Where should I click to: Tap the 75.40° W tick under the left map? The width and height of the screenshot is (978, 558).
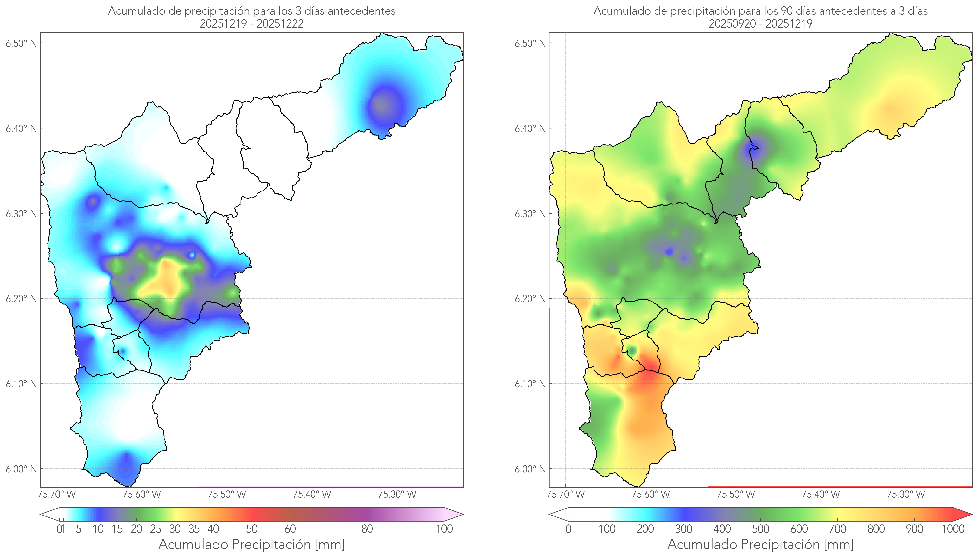pos(312,494)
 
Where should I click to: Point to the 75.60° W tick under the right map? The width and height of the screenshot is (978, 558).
pos(650,494)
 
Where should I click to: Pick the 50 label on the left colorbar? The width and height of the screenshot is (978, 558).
pos(252,529)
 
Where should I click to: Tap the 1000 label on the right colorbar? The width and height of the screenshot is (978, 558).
pos(953,529)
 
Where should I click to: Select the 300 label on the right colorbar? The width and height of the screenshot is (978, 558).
pos(683,529)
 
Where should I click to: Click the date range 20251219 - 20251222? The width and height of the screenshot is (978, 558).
pos(252,24)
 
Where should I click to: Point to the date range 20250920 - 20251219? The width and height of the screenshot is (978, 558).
pos(760,24)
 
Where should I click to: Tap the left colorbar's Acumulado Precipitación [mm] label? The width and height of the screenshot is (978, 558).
pos(252,544)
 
